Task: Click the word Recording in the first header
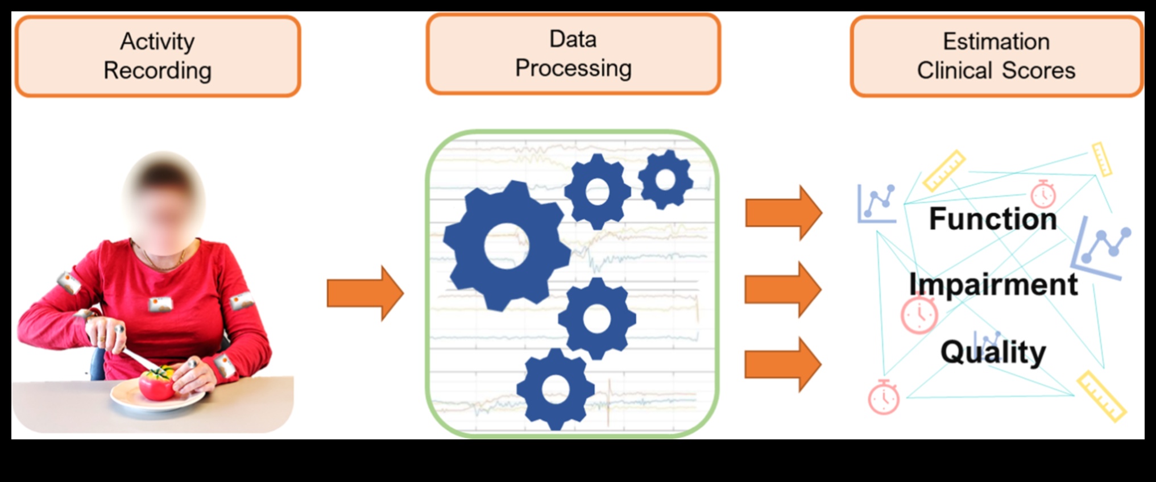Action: click(x=158, y=71)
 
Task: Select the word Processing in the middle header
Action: click(x=573, y=68)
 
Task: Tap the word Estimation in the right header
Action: click(x=996, y=41)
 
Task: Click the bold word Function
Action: click(x=993, y=219)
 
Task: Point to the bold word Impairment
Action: click(x=993, y=284)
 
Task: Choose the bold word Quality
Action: click(x=993, y=352)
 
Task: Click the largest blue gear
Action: click(x=506, y=246)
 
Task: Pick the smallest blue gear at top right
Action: click(x=665, y=180)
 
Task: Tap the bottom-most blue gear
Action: click(x=555, y=389)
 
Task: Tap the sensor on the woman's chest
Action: click(x=160, y=305)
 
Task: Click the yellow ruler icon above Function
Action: click(x=944, y=170)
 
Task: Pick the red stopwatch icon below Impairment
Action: click(x=919, y=314)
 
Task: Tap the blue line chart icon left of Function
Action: click(x=877, y=203)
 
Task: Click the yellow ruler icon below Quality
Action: click(x=1101, y=396)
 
